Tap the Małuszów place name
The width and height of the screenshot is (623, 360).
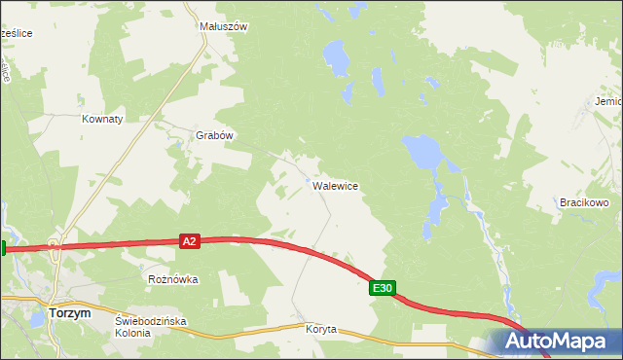[x=224, y=27]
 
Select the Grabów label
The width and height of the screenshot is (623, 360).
[x=215, y=135]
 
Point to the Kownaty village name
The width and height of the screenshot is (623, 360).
[x=102, y=119]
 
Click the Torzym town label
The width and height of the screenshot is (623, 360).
[x=69, y=313]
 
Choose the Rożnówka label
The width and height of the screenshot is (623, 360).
[x=172, y=279]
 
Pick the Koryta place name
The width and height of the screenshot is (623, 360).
[x=320, y=329]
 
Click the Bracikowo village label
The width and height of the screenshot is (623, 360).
[x=584, y=202]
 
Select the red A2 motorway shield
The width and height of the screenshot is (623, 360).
[x=190, y=240]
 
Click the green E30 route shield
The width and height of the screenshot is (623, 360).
[x=383, y=288]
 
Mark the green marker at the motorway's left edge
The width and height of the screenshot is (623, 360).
[x=3, y=248]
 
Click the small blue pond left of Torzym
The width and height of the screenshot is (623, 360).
[x=37, y=318]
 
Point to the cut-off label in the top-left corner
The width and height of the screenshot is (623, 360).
[x=17, y=33]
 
